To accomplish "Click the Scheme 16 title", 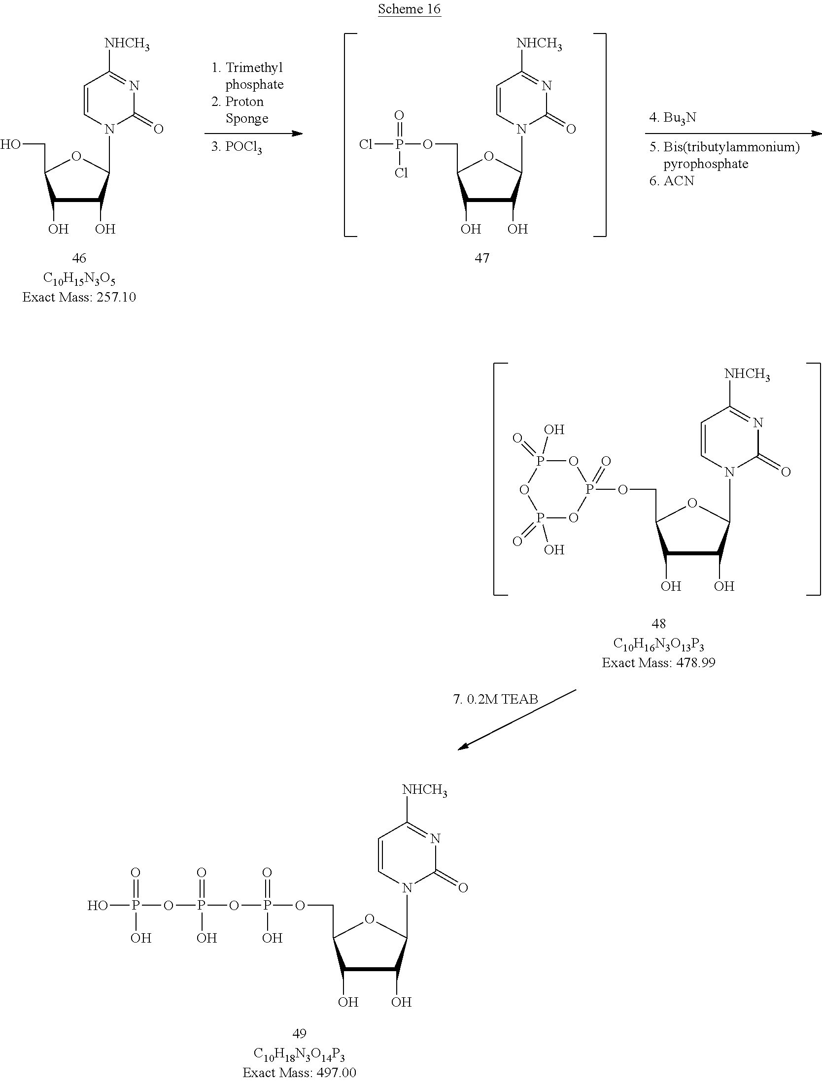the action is coord(409,9).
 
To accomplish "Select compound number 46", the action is coord(79,258).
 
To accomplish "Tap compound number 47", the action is coord(482,258).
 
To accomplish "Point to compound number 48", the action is coord(658,623).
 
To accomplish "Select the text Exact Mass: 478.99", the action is coord(658,663).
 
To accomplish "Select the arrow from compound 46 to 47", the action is coord(253,134).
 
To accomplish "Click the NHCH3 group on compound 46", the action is coord(127,44).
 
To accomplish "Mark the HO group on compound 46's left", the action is coord(10,144).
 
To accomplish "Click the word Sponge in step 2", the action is coord(247,119).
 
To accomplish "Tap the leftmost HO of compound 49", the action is coord(98,905).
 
